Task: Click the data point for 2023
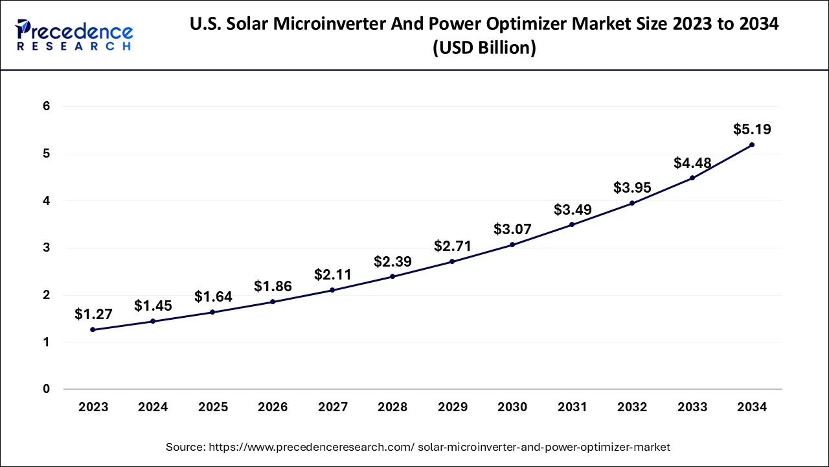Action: [93, 329]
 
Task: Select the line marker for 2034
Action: [752, 145]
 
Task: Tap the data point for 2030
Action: [512, 245]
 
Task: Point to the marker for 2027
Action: [332, 290]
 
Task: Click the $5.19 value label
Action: [752, 129]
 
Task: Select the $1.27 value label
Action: [93, 315]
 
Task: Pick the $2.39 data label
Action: [392, 261]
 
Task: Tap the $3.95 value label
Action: [632, 188]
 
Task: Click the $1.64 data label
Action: [213, 297]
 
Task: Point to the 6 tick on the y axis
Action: [46, 106]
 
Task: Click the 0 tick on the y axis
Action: [46, 389]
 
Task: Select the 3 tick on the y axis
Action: [46, 248]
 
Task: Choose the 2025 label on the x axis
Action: [213, 407]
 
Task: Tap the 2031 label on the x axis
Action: [572, 407]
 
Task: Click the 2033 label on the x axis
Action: [692, 407]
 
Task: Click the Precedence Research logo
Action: [74, 35]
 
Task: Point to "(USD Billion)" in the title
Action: [484, 48]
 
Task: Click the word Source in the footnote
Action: [184, 447]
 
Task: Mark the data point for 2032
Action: [632, 203]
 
